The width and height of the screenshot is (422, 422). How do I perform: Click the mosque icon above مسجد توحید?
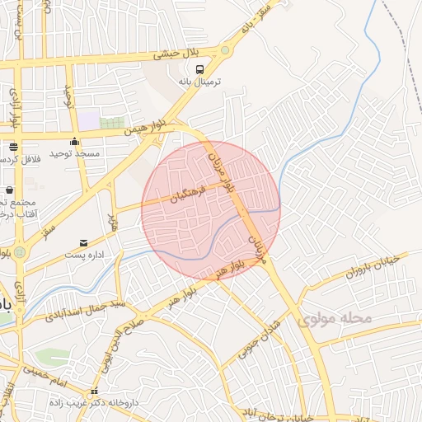pos(75,140)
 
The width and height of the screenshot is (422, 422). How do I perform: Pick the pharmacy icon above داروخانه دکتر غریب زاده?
pos(95,391)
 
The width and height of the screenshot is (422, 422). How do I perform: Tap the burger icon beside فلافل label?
pos(13,146)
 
